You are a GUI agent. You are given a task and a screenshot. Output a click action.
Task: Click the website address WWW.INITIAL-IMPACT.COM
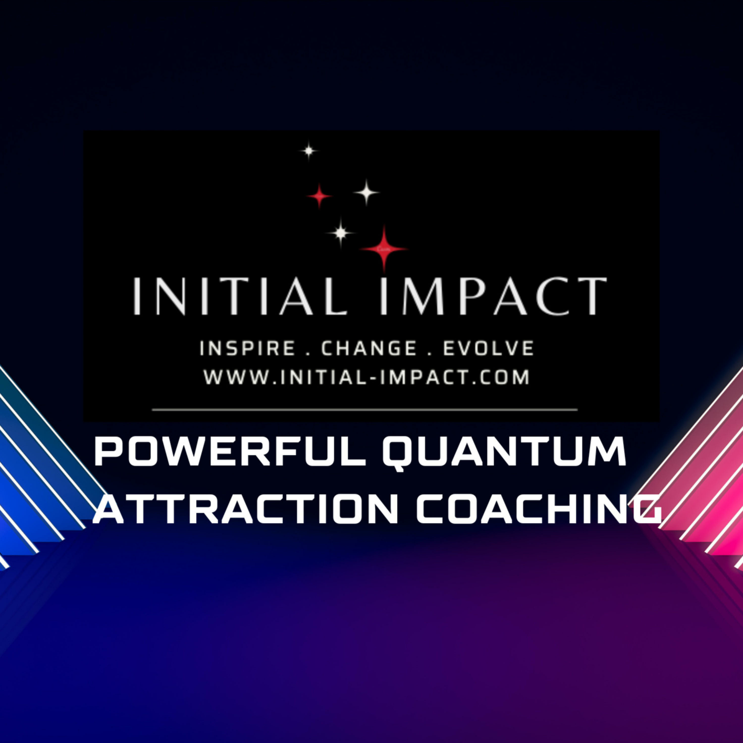pos(367,377)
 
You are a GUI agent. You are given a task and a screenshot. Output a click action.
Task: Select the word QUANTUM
pos(504,456)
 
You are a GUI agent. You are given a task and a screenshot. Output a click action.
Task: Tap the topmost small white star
pos(309,151)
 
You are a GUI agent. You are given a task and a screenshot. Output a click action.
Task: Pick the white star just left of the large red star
pos(340,232)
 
